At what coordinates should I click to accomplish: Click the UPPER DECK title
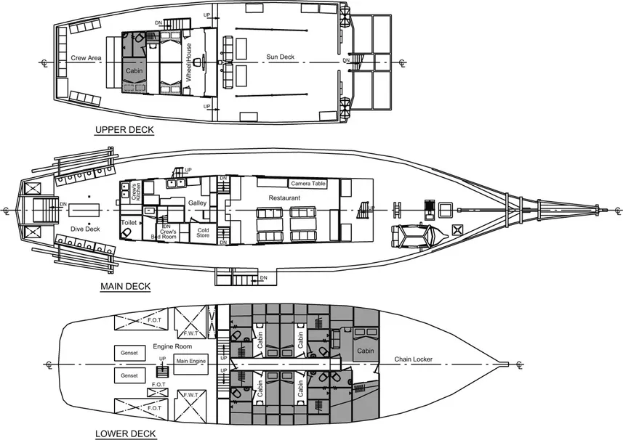coord(124,131)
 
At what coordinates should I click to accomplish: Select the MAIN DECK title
coord(125,286)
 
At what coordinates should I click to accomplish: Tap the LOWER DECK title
coord(125,434)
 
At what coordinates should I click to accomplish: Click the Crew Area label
coord(86,57)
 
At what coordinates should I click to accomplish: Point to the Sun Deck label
coord(280,57)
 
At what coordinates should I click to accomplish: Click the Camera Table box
coord(309,184)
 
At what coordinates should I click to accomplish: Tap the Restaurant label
coord(285,197)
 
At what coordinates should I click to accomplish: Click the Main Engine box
coord(192,361)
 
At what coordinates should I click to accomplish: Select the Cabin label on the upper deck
coord(134,71)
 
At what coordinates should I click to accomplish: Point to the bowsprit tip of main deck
coord(603,209)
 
